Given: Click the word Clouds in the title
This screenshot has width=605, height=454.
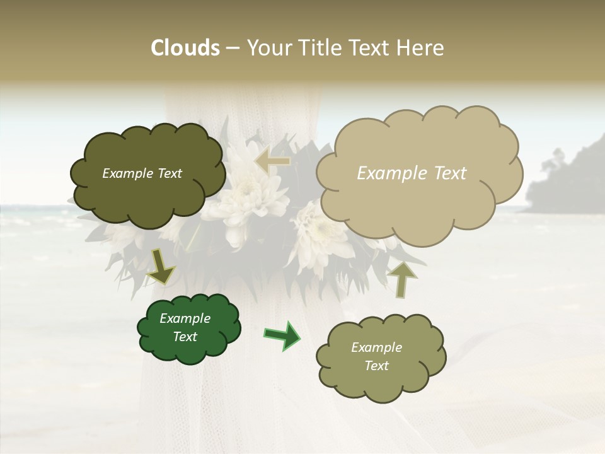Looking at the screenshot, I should click(185, 48).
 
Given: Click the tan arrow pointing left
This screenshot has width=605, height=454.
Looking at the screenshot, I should click(272, 161).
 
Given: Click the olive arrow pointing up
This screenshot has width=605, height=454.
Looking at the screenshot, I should click(401, 278).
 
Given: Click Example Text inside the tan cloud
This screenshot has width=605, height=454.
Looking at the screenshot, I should click(412, 173).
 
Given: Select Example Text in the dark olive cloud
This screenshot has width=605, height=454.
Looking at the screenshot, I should click(142, 173).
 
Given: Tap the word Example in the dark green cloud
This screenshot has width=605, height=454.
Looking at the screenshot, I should click(185, 318).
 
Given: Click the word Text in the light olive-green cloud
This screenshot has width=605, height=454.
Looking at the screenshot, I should click(376, 366).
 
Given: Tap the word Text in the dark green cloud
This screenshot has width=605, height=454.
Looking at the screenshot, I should click(185, 337).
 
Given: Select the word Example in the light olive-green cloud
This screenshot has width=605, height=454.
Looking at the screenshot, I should click(376, 347).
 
